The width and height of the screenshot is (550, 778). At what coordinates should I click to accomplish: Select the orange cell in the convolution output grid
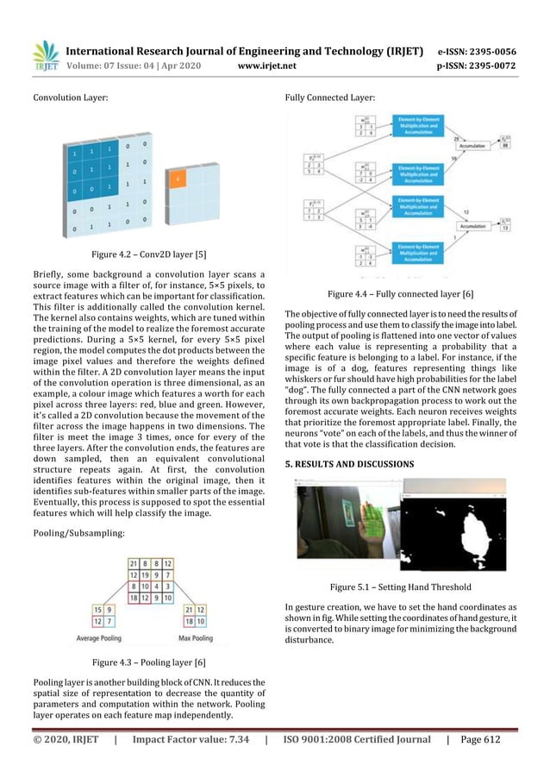(177, 179)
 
